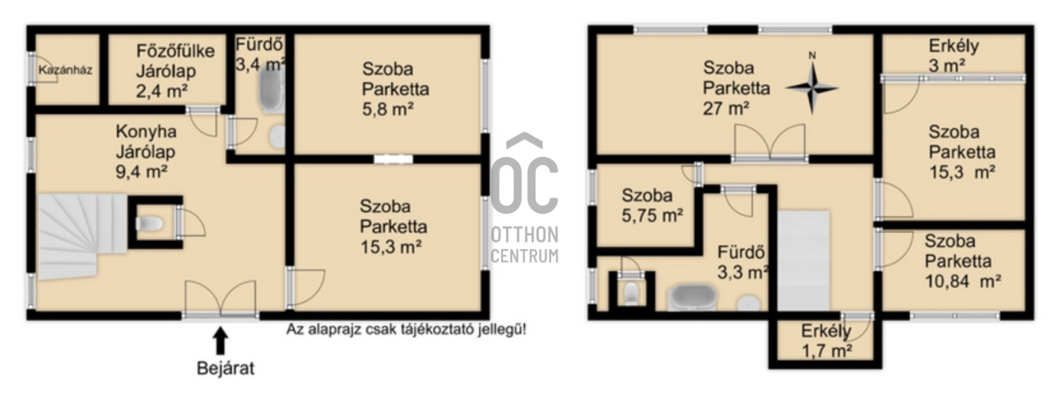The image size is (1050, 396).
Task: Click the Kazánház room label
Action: (65, 70)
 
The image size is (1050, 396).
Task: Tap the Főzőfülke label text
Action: (175, 51)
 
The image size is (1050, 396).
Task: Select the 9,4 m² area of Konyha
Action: (142, 172)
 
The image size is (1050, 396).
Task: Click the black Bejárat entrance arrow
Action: (221, 341)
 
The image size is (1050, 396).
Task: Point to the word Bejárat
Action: (226, 368)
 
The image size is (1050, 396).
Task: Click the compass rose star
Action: (812, 88)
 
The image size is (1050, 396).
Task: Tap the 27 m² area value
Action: (725, 109)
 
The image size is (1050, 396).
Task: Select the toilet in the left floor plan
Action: (150, 223)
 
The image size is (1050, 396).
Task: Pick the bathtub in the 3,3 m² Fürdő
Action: (692, 298)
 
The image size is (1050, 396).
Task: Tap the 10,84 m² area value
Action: (963, 281)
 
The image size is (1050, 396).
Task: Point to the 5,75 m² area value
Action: (652, 215)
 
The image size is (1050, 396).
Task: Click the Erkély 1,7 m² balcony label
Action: (826, 341)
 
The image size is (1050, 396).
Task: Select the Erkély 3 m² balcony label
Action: (953, 55)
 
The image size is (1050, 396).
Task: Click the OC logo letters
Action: (524, 173)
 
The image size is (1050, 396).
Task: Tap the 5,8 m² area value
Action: (388, 109)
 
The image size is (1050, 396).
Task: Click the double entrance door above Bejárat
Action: (221, 299)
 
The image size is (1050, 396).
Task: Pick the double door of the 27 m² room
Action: (770, 142)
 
